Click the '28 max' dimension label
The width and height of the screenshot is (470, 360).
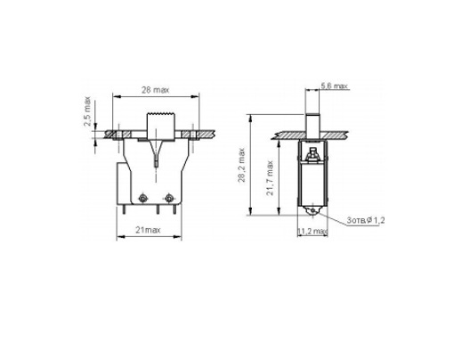coord(155,90)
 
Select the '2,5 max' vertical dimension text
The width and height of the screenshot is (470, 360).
coord(87,111)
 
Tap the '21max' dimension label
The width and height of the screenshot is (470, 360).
coord(148,230)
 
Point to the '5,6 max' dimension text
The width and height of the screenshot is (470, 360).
coord(334,86)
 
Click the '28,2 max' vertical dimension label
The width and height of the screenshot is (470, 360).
coord(241,165)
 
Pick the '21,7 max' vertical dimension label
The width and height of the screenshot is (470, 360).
coord(270,178)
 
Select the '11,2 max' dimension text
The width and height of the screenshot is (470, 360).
coord(312,232)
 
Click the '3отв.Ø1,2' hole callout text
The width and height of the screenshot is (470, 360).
coord(366,220)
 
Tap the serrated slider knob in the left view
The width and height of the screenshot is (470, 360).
coord(160,125)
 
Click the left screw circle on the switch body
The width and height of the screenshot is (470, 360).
coord(142,198)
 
